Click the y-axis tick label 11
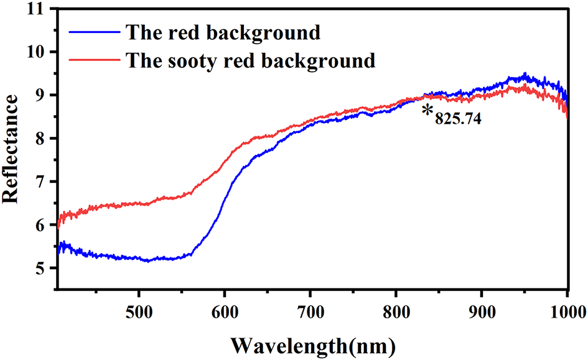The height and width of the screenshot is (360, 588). pyautogui.click(x=39, y=9)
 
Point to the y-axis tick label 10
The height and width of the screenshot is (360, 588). pyautogui.click(x=39, y=52)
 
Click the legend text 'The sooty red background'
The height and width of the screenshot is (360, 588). pyautogui.click(x=250, y=60)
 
